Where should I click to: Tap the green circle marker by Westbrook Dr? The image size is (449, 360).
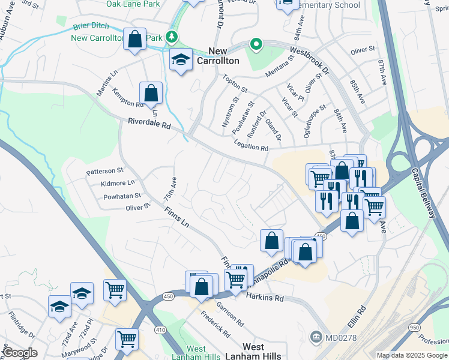[256, 44]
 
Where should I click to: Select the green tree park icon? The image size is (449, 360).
[172, 37]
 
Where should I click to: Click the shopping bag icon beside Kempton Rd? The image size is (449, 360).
[151, 93]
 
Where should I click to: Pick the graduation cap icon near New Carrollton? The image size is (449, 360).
[181, 59]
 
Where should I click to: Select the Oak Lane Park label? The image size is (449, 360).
[133, 4]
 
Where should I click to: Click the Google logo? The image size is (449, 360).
[20, 353]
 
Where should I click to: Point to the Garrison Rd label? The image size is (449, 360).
[229, 313]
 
